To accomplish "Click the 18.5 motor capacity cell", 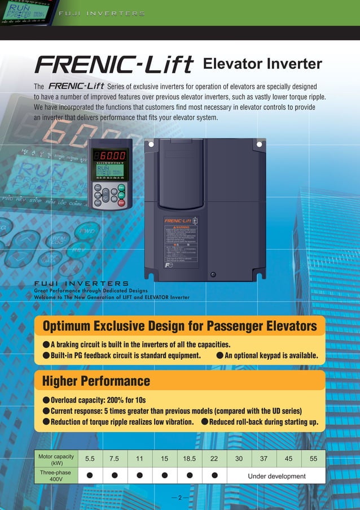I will (x=189, y=459).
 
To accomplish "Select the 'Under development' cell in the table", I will (x=276, y=476).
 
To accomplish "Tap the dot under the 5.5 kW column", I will (x=90, y=476).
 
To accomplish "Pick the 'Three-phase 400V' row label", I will (x=52, y=476).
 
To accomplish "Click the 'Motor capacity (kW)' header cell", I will (x=52, y=459).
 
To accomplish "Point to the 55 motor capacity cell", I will (x=314, y=459).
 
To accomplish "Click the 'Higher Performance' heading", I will (x=96, y=381).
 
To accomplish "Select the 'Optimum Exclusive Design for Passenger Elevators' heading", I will (x=179, y=326).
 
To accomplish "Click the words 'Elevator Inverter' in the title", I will (x=262, y=64).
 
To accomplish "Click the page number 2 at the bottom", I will (x=179, y=498).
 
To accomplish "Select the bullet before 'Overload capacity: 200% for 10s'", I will (x=46, y=400).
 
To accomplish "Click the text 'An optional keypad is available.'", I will (x=271, y=355).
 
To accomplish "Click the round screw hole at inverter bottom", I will (x=213, y=275).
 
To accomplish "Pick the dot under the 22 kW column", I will (x=214, y=476).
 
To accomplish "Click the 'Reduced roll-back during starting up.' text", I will (x=263, y=422).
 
